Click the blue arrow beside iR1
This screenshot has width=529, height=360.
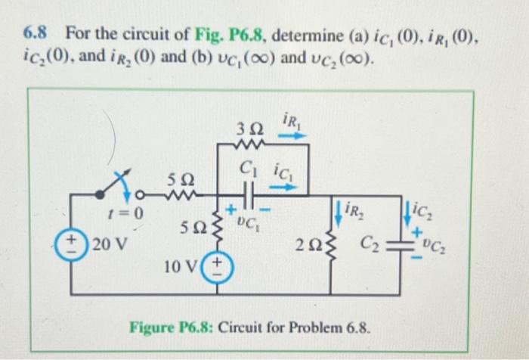coord(297,137)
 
